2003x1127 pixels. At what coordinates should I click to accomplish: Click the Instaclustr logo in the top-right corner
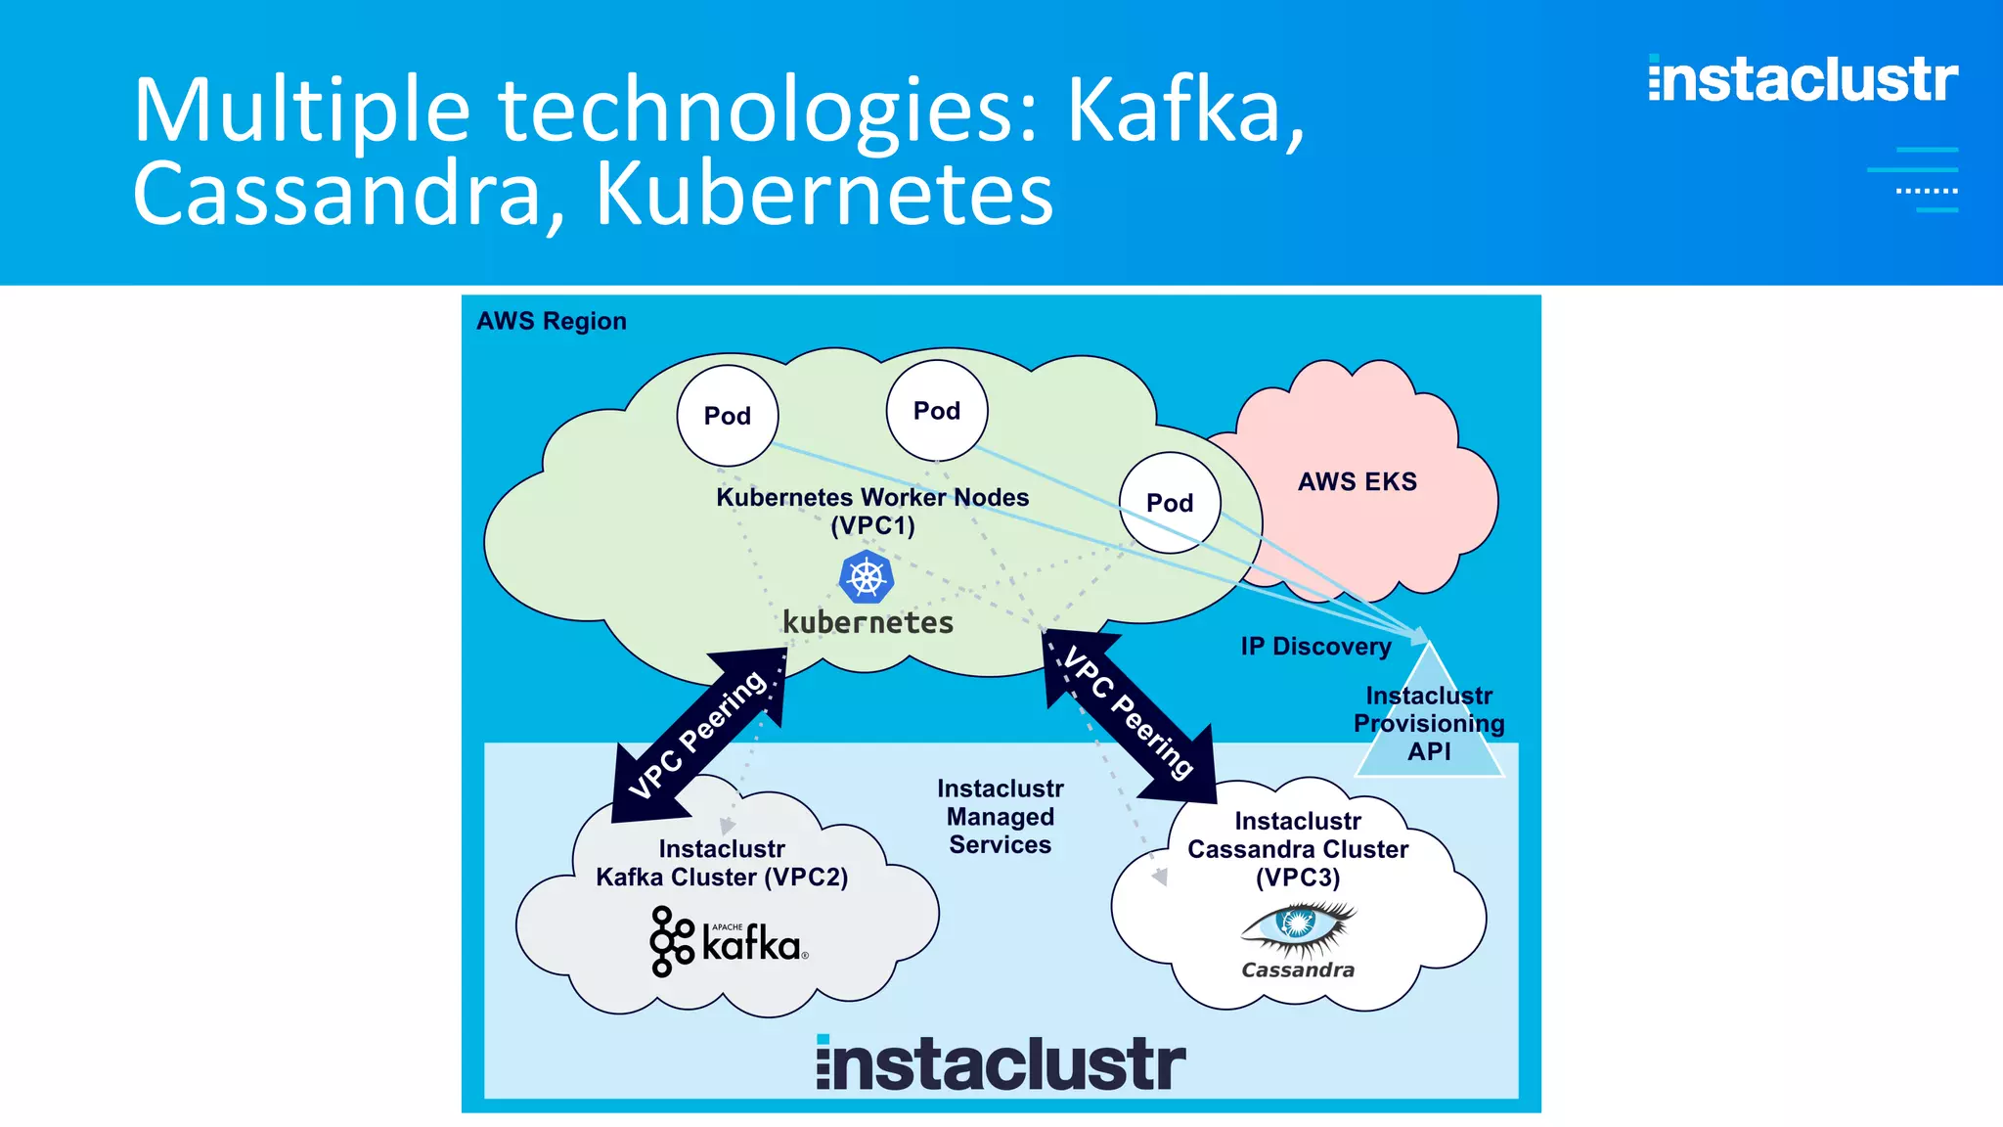[x=1803, y=80]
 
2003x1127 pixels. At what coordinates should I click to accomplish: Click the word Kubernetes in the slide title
[x=824, y=194]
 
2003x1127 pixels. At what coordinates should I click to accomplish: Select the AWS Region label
[x=551, y=321]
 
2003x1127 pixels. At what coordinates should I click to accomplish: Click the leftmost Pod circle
[x=727, y=416]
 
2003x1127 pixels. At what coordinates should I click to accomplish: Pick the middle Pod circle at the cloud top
[x=936, y=411]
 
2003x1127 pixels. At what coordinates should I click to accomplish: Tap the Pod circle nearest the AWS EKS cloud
[x=1170, y=503]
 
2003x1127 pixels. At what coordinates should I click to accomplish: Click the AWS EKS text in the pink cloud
[x=1357, y=481]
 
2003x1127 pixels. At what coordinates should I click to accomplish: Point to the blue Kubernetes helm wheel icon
[x=867, y=577]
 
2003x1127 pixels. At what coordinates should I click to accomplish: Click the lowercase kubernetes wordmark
[x=868, y=622]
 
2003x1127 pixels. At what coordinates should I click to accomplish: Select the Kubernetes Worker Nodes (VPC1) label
[x=872, y=511]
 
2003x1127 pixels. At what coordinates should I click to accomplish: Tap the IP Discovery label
[x=1315, y=647]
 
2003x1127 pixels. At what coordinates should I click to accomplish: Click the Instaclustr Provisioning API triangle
[x=1429, y=724]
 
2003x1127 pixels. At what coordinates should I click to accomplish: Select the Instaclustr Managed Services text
[x=1000, y=816]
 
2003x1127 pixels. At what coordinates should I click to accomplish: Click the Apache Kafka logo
[x=729, y=941]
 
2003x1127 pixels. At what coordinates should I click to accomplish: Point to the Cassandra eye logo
[x=1298, y=929]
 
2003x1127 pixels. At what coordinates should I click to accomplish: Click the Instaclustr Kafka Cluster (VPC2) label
[x=722, y=863]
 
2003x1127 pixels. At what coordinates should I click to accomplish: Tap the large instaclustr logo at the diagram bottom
[x=1001, y=1063]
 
